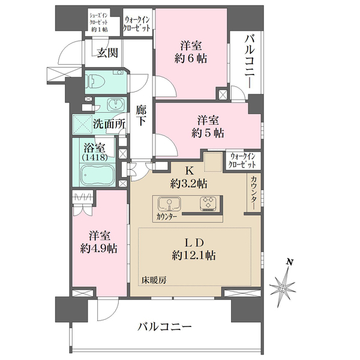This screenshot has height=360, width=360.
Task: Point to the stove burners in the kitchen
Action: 209,203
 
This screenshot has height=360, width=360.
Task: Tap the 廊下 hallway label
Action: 142,115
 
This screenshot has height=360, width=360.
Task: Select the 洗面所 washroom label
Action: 109,125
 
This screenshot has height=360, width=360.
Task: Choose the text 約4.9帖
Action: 100,247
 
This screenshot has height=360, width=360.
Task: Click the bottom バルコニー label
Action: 164,327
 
